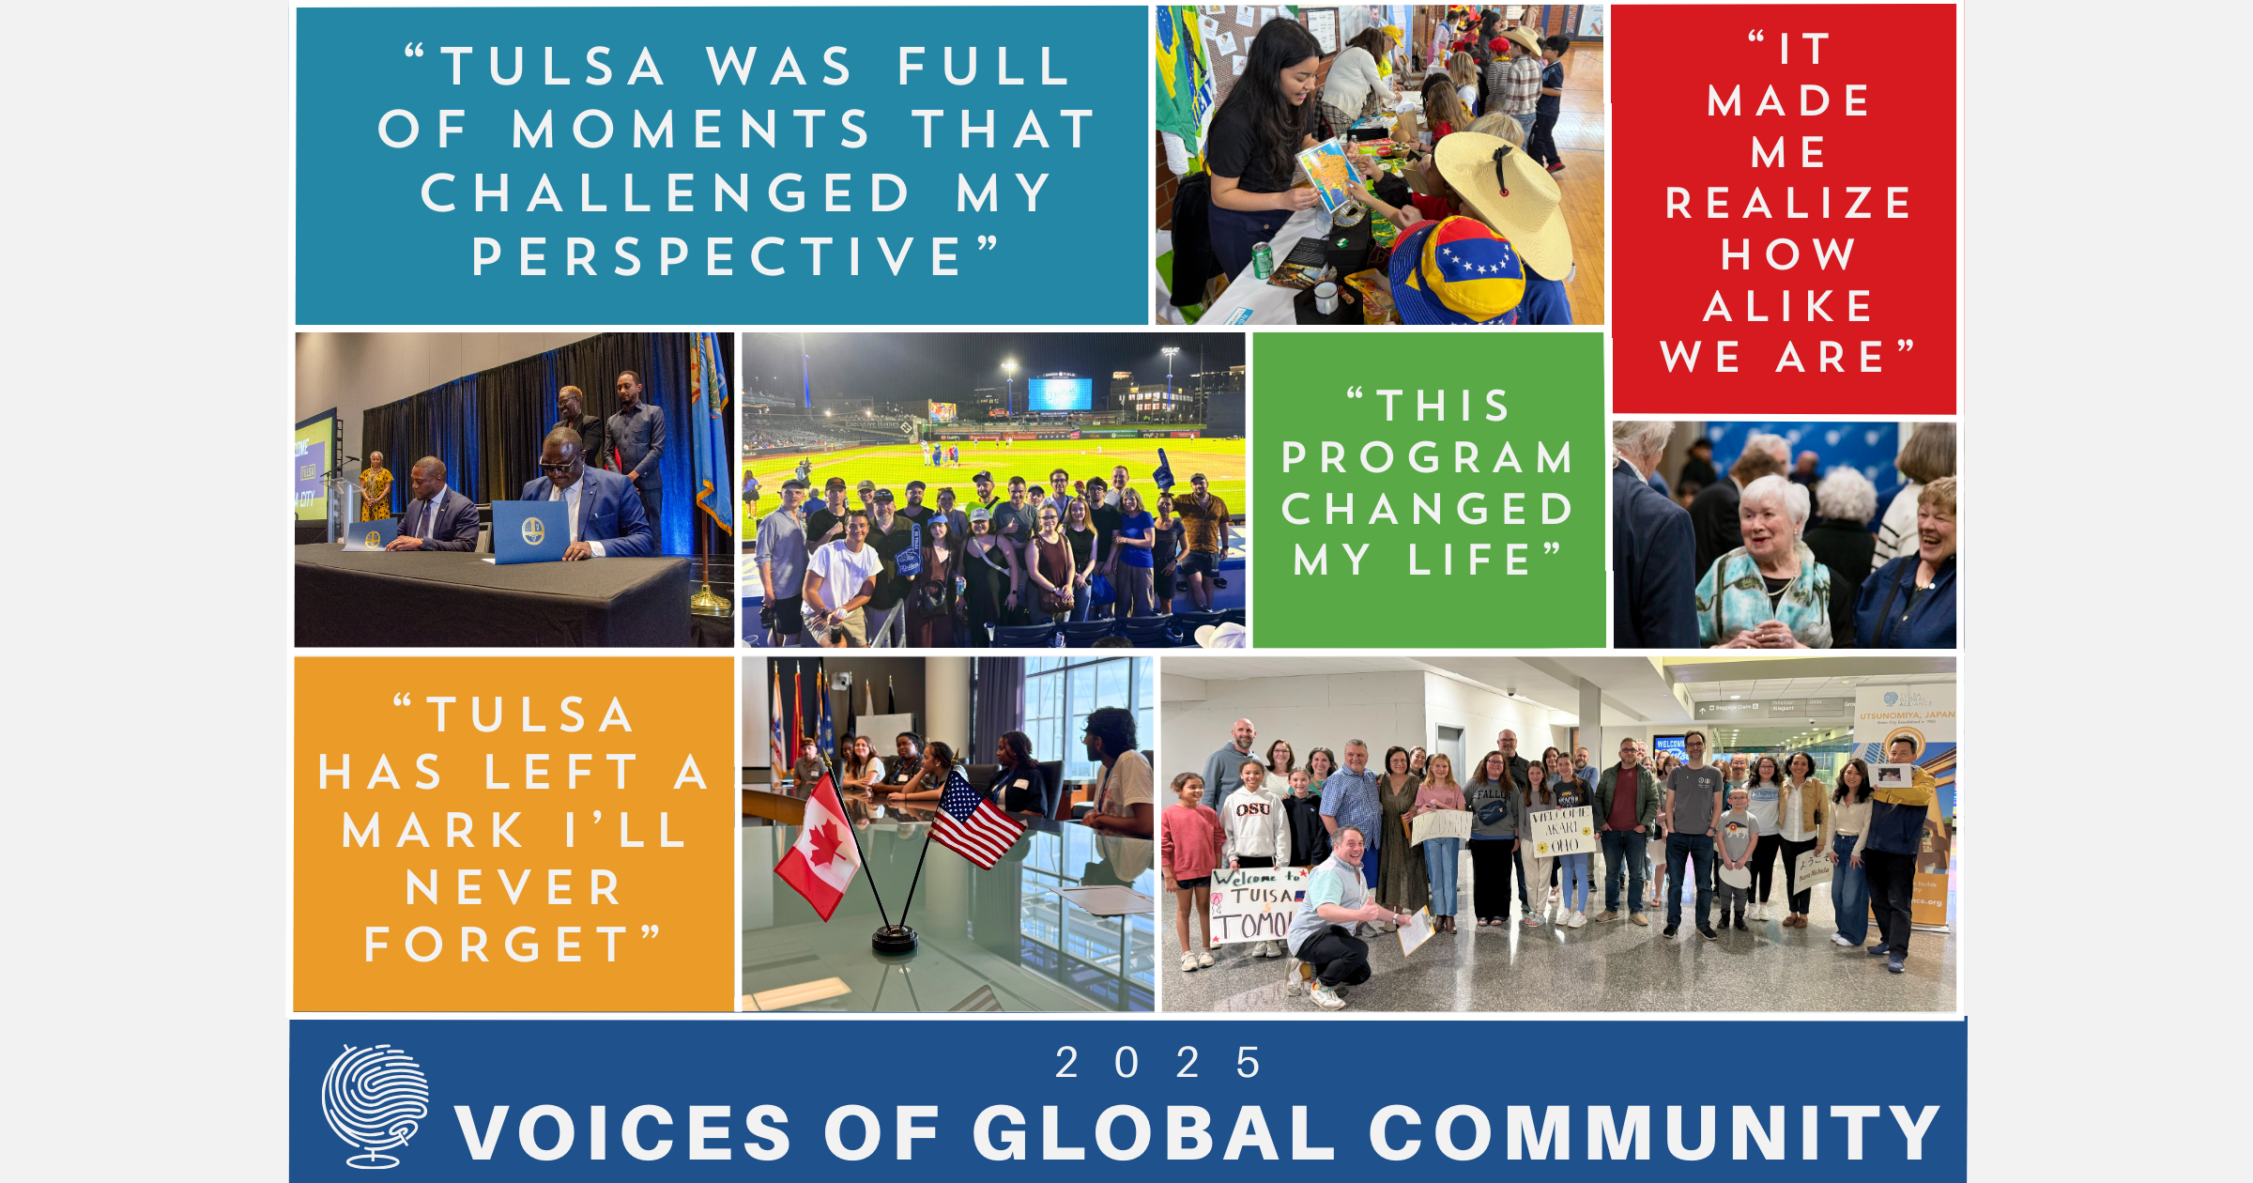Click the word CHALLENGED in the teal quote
[666, 193]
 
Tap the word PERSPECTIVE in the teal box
[718, 257]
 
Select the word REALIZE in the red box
[1788, 204]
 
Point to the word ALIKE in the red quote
[1788, 307]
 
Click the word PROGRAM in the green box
[1428, 458]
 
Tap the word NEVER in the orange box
[513, 888]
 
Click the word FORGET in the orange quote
[498, 945]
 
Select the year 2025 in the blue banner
[1158, 1063]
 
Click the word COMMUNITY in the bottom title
[1654, 1133]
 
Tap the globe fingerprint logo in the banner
[375, 1105]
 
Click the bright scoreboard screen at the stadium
[1060, 393]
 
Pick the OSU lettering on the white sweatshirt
[1253, 809]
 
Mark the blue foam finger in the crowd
[1164, 470]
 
